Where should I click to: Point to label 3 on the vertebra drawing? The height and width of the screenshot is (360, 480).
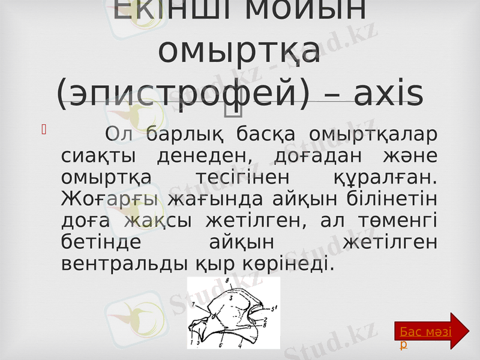[x=231, y=298]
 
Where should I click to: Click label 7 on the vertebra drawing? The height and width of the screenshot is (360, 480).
[x=193, y=305]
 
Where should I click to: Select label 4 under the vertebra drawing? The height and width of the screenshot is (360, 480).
[x=240, y=346]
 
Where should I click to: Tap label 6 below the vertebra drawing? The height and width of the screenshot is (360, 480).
[x=220, y=346]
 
